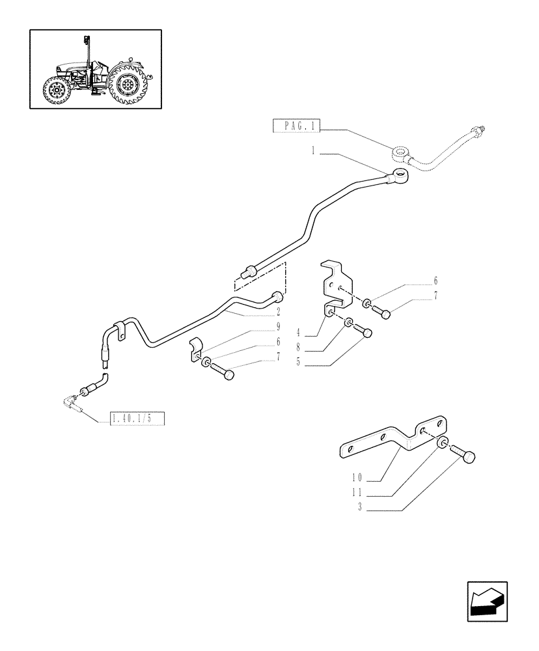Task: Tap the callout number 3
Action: [359, 508]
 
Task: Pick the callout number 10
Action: [357, 477]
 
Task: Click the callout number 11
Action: [357, 493]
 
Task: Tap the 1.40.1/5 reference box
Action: [131, 419]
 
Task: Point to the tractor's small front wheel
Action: [55, 91]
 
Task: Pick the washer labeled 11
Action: [442, 445]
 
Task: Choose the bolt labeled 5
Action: [366, 333]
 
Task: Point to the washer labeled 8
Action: [350, 323]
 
